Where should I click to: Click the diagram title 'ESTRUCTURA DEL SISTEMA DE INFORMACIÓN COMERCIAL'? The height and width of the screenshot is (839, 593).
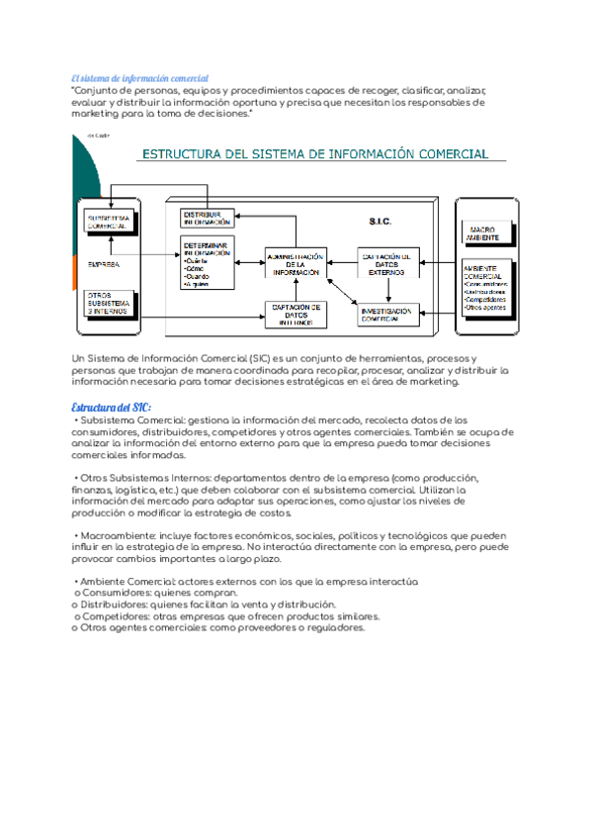pyautogui.click(x=315, y=154)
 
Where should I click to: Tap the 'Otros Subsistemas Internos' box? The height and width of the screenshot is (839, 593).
pyautogui.click(x=109, y=300)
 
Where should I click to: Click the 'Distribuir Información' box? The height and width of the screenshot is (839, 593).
pyautogui.click(x=207, y=218)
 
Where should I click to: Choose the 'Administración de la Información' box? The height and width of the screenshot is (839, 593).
pyautogui.click(x=296, y=263)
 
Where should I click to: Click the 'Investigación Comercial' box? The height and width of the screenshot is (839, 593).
pyautogui.click(x=387, y=314)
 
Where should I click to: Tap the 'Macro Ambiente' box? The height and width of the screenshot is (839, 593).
pyautogui.click(x=487, y=233)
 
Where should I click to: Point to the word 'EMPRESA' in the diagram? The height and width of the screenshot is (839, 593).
pyautogui.click(x=104, y=264)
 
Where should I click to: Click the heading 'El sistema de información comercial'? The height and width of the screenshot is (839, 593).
pyautogui.click(x=140, y=78)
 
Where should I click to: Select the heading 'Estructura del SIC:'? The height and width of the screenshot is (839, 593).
pyautogui.click(x=112, y=408)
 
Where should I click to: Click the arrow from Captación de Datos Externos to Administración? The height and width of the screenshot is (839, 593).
pyautogui.click(x=341, y=263)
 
